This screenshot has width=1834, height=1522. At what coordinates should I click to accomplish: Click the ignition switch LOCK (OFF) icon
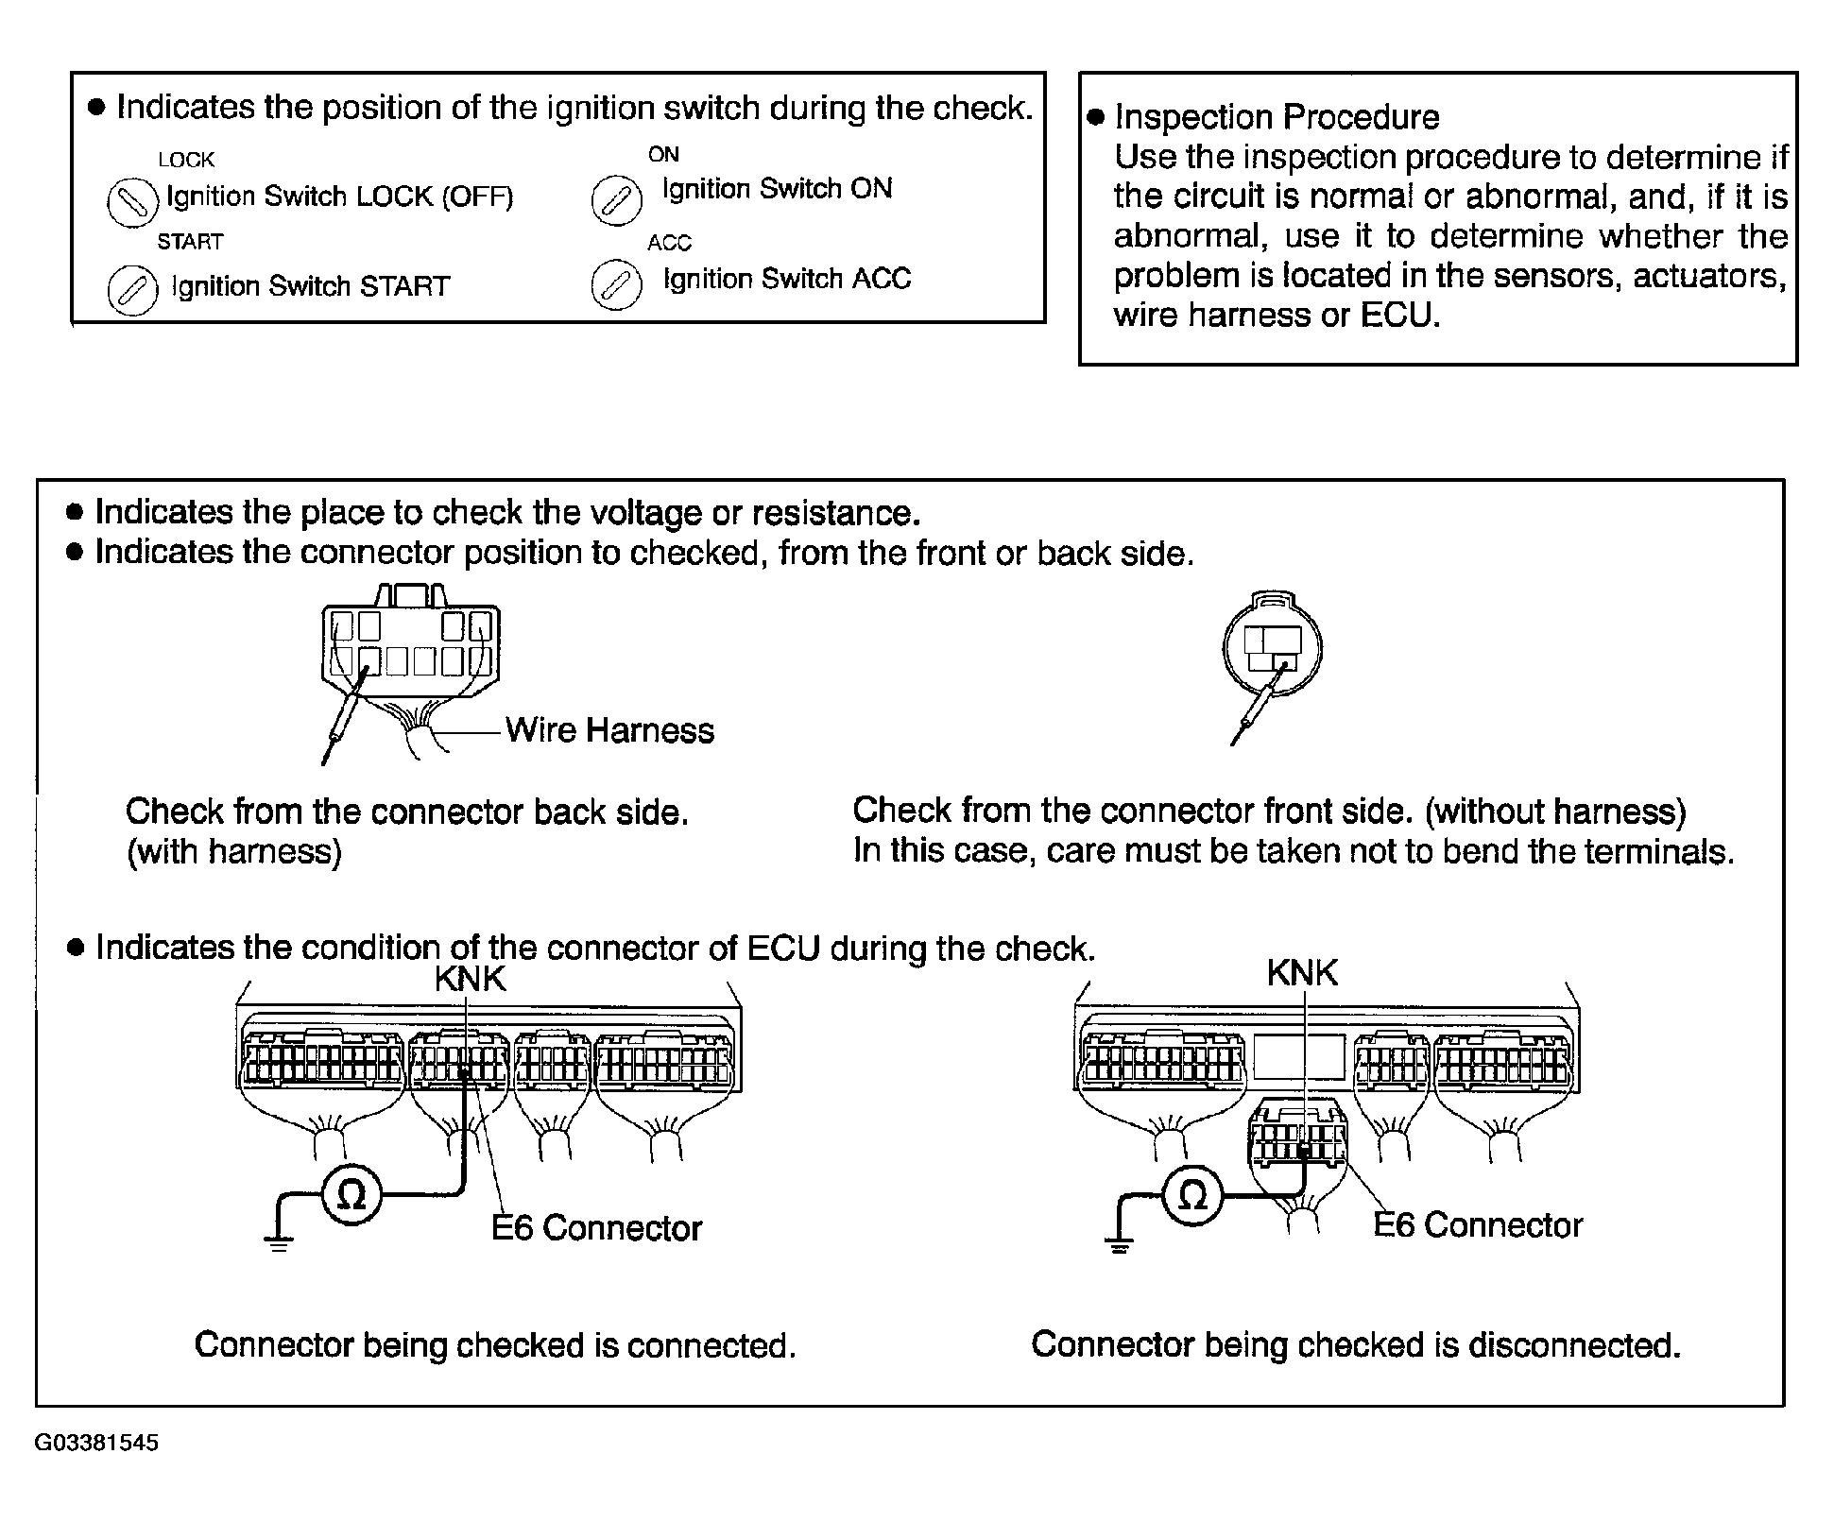click(x=131, y=202)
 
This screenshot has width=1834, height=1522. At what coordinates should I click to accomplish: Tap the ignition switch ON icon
click(x=616, y=200)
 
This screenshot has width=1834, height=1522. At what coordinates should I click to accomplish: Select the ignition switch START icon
click(x=132, y=289)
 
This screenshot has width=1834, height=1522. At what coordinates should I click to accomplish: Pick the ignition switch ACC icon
click(x=615, y=284)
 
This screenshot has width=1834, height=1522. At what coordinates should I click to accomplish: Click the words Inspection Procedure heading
click(x=1277, y=117)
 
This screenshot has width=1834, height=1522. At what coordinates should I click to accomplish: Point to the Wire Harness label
click(x=609, y=730)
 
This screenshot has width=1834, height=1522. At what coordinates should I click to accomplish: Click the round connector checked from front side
click(x=1272, y=648)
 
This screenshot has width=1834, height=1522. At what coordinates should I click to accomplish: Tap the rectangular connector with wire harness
click(x=411, y=651)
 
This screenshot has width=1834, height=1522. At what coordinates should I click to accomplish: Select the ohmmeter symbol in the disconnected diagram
click(x=1193, y=1196)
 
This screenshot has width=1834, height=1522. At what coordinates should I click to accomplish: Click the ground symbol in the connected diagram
click(x=279, y=1243)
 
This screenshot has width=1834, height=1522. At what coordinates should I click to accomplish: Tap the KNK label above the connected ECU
click(x=471, y=979)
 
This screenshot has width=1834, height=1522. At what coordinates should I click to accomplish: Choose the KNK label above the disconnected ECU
click(x=1302, y=973)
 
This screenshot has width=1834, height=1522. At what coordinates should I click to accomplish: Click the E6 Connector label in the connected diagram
click(x=596, y=1228)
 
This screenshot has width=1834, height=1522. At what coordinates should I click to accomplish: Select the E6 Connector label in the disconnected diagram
click(x=1478, y=1225)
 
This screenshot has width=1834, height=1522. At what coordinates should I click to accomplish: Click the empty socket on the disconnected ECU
click(x=1299, y=1056)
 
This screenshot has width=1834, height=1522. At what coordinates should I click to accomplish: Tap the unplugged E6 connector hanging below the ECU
click(x=1297, y=1133)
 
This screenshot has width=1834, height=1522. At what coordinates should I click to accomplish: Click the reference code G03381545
click(x=96, y=1443)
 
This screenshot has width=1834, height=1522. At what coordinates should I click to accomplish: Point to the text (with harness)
click(x=233, y=852)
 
